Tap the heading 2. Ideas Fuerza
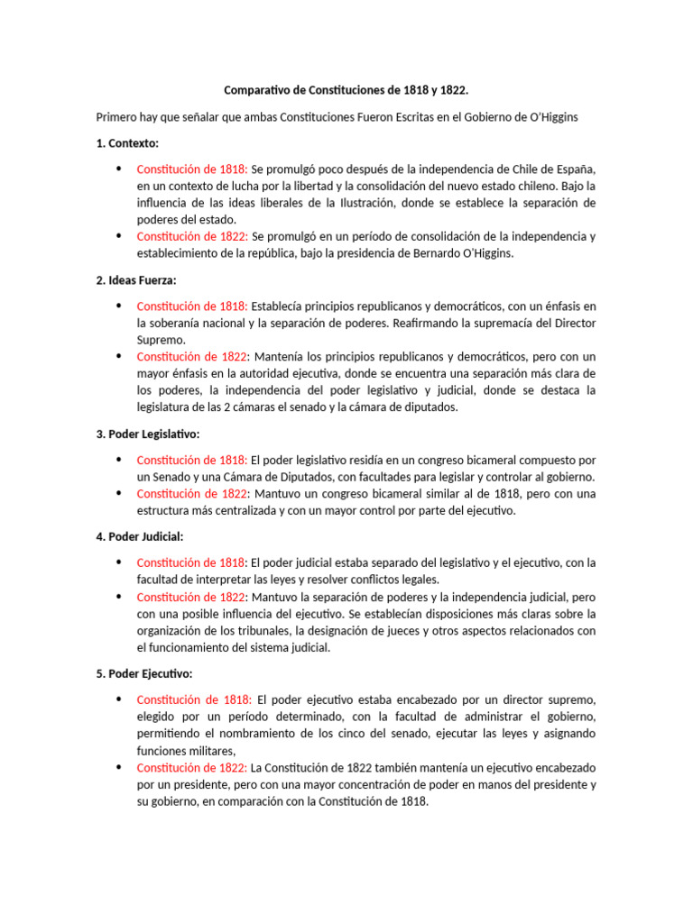pos(136,280)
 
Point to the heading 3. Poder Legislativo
pos(148,434)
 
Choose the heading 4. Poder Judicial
pos(140,536)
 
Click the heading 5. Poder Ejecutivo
pos(144,673)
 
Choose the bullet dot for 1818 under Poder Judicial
pos(120,562)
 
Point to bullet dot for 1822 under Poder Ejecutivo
pos(120,767)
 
